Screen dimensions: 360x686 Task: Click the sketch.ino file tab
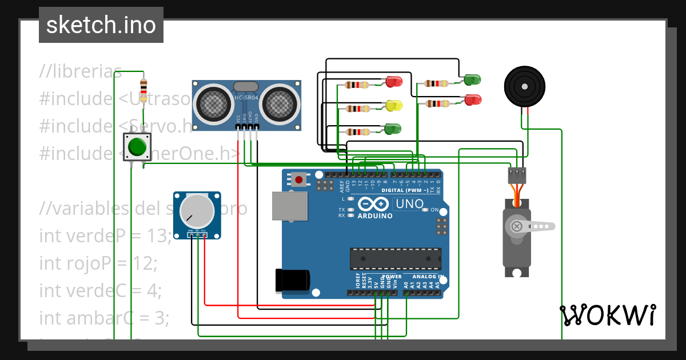pos(101,25)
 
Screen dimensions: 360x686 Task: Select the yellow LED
pos(394,106)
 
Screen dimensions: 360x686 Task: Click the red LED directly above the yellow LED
pos(394,82)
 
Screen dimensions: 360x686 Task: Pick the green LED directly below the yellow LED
pos(393,129)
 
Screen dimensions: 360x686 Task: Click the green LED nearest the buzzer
pos(472,79)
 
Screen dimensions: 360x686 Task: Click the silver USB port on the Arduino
pos(289,206)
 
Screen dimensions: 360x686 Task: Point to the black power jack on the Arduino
pos(293,280)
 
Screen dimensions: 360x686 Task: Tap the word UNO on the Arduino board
pos(410,204)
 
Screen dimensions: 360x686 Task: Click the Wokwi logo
pos(608,315)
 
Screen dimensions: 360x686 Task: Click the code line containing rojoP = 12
pos(98,263)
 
